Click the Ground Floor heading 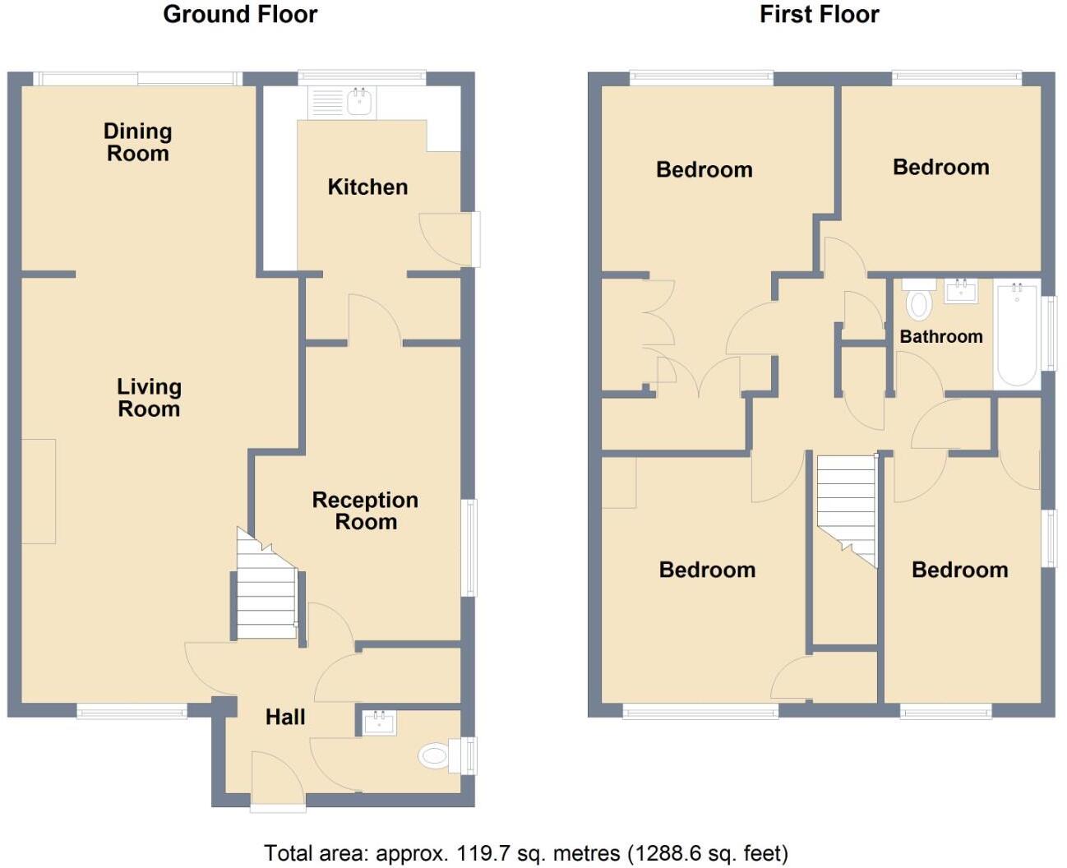[x=240, y=14]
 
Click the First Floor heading [x=819, y=14]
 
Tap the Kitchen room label [x=367, y=187]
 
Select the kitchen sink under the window [x=359, y=102]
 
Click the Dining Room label [x=137, y=142]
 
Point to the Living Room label [x=149, y=398]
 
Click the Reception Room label [x=366, y=510]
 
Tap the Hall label [x=285, y=717]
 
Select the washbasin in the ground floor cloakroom [x=380, y=723]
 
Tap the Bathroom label [x=940, y=336]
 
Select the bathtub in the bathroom [x=1017, y=334]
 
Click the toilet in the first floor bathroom [x=919, y=301]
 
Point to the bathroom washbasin [x=960, y=291]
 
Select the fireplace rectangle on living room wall [x=38, y=491]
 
